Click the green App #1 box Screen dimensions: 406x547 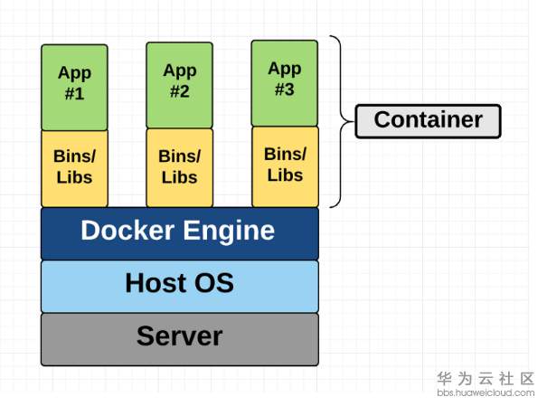click(x=74, y=87)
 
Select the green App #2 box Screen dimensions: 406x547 click(x=180, y=85)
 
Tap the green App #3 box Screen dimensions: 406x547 click(x=285, y=82)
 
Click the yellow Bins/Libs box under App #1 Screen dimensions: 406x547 click(x=74, y=168)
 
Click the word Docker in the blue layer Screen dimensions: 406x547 click(x=121, y=231)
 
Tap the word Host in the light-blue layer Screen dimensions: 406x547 click(x=156, y=284)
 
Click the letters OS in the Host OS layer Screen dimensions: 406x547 click(x=215, y=284)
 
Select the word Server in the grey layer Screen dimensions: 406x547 click(x=179, y=336)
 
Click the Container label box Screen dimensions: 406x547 click(x=428, y=120)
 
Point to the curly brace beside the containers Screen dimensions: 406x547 click(x=341, y=120)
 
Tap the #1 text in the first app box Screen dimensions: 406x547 click(x=74, y=92)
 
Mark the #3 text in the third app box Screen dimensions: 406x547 click(x=285, y=89)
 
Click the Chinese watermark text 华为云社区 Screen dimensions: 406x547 click(x=486, y=378)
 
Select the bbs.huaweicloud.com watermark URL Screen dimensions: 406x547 click(x=486, y=393)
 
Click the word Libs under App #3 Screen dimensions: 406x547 click(x=285, y=175)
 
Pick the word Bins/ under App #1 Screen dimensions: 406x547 click(x=74, y=156)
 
